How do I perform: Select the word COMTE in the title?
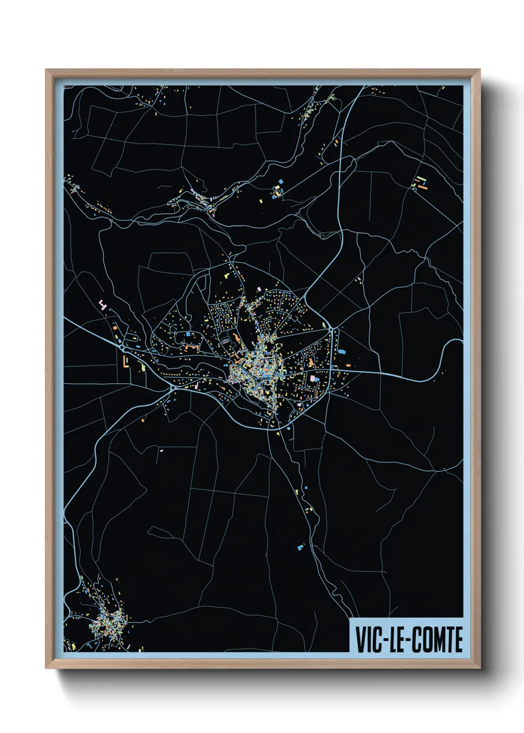pyautogui.click(x=437, y=639)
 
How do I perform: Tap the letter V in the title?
pyautogui.click(x=360, y=639)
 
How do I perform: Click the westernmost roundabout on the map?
pyautogui.click(x=122, y=348)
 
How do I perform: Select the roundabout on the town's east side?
pyautogui.click(x=331, y=328)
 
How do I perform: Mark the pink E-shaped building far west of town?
pyautogui.click(x=103, y=304)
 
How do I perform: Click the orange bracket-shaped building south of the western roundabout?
pyautogui.click(x=126, y=362)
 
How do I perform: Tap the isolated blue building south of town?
pyautogui.click(x=299, y=547)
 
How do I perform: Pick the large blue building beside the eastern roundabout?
pyautogui.click(x=341, y=351)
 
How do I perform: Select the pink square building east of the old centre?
pyautogui.click(x=313, y=378)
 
